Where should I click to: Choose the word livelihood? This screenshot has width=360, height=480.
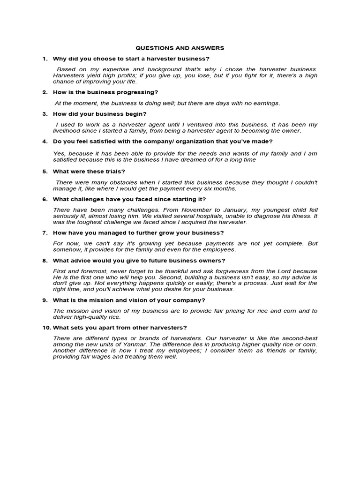pyautogui.click(x=67, y=130)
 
